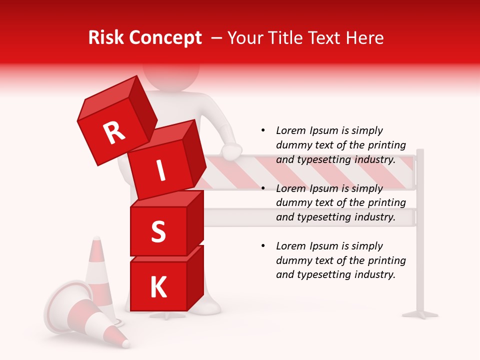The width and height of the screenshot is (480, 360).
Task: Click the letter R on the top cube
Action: point(114,132)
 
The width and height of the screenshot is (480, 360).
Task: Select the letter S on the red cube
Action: point(158,232)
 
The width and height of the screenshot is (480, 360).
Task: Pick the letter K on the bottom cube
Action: point(158,287)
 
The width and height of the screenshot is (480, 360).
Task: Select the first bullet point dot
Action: point(263,130)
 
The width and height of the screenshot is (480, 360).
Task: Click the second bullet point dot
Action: point(263,188)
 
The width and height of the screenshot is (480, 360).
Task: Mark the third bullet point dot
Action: point(263,246)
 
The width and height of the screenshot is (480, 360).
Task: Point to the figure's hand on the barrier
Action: point(231,151)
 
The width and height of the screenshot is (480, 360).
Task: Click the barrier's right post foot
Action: point(420,314)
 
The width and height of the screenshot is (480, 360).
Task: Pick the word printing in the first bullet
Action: point(388,145)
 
